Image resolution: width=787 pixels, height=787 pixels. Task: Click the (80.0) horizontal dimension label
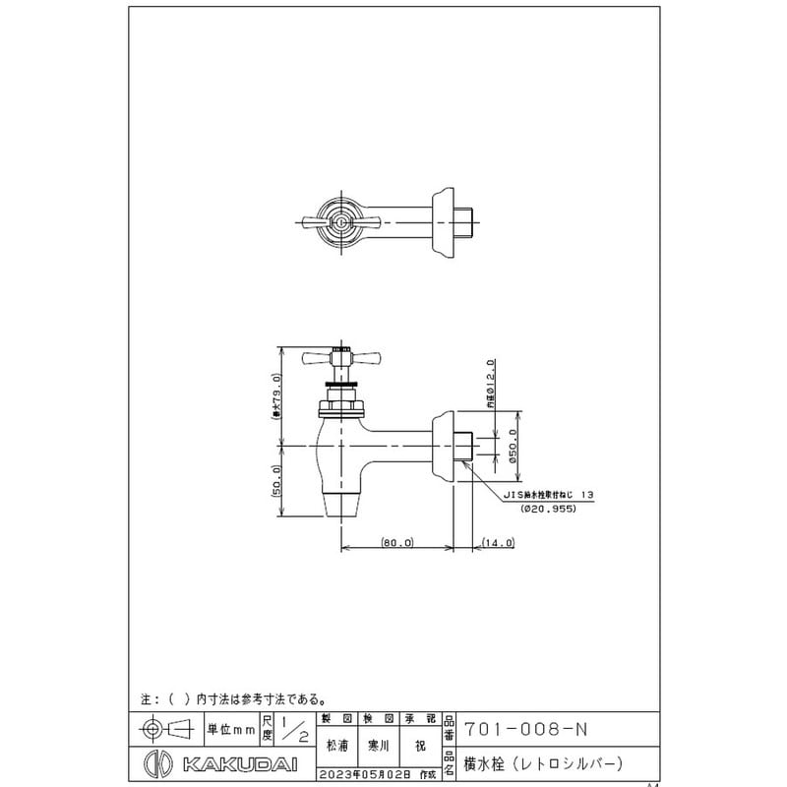coord(398,542)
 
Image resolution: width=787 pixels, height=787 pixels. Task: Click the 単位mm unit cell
coord(229,730)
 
